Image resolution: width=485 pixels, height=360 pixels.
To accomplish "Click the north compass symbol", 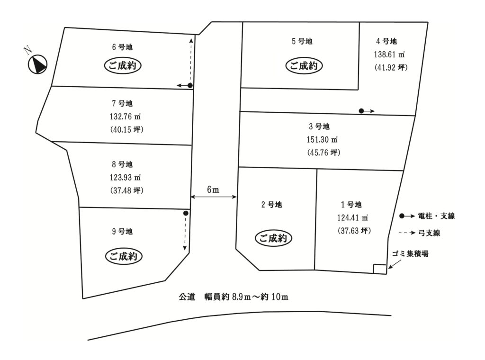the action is click(x=37, y=64).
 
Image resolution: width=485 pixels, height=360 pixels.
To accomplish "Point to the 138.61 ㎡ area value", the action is click(x=389, y=54).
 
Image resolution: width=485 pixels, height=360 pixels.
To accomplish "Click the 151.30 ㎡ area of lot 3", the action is click(x=322, y=139).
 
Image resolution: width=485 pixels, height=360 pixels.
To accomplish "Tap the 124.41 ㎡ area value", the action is click(x=352, y=218).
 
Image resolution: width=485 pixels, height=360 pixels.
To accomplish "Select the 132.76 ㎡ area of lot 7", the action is click(x=125, y=117).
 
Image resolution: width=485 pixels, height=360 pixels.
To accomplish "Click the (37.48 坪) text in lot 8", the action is click(x=127, y=190).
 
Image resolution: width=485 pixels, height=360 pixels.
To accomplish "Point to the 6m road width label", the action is click(x=213, y=189).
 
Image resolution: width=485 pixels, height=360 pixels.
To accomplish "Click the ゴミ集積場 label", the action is click(x=410, y=253).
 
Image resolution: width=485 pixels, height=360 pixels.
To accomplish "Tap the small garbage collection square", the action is click(x=380, y=269).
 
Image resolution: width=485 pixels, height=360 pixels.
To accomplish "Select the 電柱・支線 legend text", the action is click(x=436, y=216).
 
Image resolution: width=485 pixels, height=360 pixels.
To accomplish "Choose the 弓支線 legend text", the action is click(x=429, y=233).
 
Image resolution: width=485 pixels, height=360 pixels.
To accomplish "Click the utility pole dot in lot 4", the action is click(x=361, y=111).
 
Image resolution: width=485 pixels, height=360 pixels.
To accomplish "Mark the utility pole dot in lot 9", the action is click(x=186, y=213).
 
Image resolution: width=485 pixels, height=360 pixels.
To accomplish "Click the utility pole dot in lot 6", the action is click(x=190, y=85).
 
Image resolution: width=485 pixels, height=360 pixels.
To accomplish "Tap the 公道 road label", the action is click(x=187, y=297).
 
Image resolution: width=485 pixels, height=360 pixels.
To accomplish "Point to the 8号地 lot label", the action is click(x=122, y=164).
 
